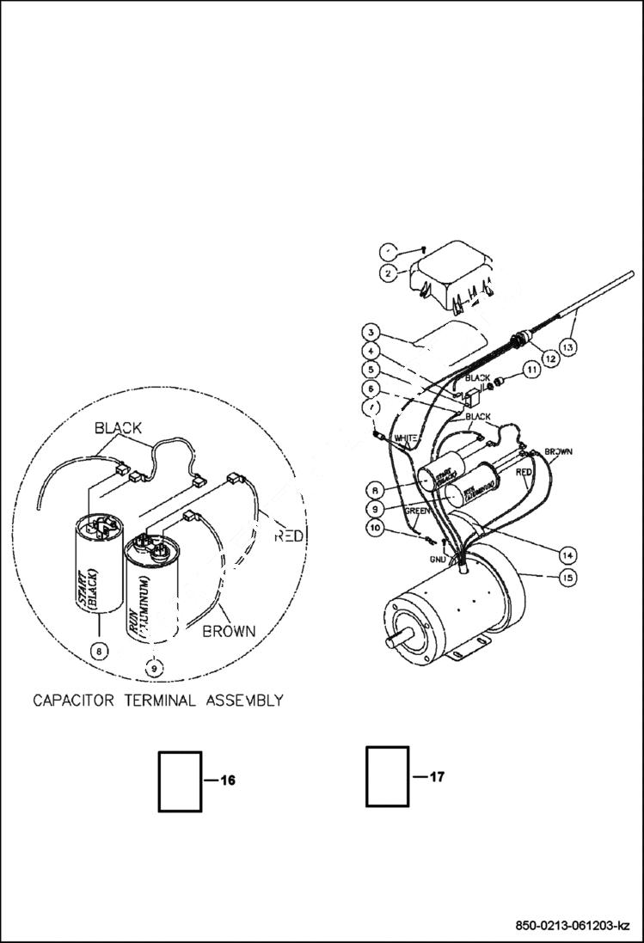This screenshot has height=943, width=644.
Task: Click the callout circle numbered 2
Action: tap(389, 272)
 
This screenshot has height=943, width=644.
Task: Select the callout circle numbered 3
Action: tap(370, 333)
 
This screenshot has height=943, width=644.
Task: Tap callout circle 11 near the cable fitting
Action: tap(531, 370)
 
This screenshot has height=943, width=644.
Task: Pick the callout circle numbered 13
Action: tap(570, 346)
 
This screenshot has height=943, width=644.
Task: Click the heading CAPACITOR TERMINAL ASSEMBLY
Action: tap(158, 700)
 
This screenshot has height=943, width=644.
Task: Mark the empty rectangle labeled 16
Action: tap(180, 781)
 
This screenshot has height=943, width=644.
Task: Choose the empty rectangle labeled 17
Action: tap(387, 776)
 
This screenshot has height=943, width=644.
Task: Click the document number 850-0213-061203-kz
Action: tap(573, 926)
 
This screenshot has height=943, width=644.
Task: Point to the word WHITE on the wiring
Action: tap(406, 438)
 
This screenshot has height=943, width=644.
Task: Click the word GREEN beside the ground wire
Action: tap(418, 510)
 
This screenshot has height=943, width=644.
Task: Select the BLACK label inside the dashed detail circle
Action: tap(118, 427)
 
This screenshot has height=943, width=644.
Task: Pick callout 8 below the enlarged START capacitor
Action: tap(101, 651)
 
